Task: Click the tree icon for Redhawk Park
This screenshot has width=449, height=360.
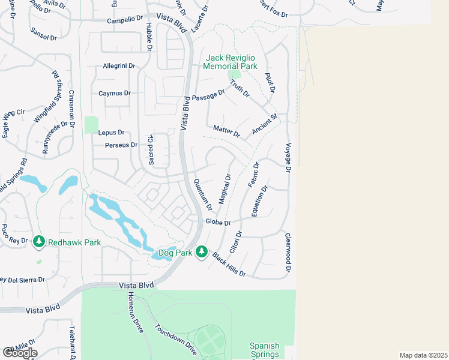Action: tap(40, 241)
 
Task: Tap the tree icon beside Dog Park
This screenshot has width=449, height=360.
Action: tap(203, 251)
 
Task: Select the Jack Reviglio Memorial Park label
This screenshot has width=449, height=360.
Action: tap(231, 62)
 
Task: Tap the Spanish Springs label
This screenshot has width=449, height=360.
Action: tap(265, 350)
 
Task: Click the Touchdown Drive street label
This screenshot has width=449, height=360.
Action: tap(175, 340)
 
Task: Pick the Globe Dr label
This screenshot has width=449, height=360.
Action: tap(218, 222)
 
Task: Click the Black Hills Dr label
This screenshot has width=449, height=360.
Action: tap(229, 264)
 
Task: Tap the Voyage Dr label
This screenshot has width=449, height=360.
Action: tap(288, 157)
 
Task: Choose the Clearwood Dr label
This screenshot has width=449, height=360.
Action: tap(288, 253)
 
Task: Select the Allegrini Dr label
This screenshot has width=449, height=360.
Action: tap(119, 65)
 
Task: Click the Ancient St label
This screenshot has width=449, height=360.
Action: tap(265, 124)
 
